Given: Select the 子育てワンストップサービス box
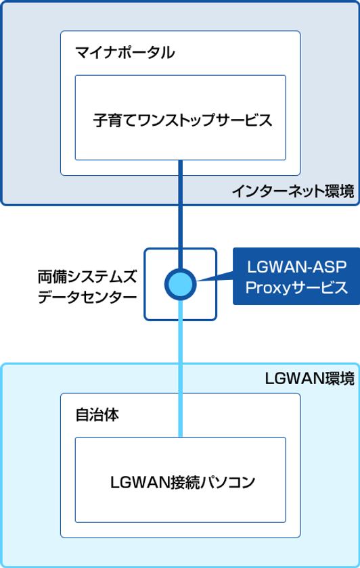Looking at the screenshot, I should click(180, 116).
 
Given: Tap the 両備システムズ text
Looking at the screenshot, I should click(87, 258).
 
